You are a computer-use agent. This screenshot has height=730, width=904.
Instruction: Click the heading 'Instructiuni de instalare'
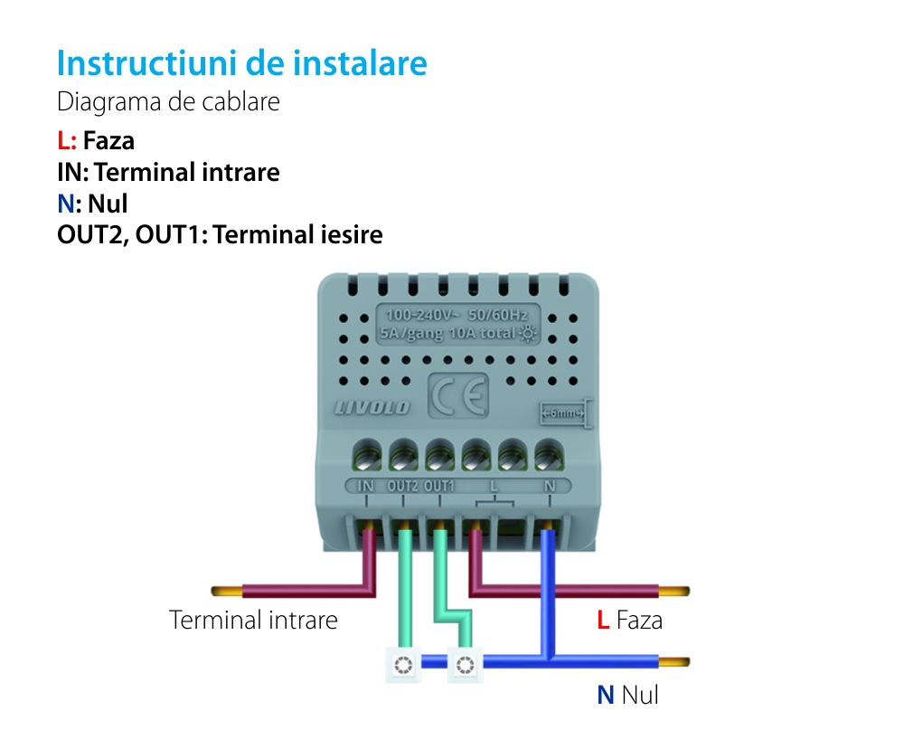pyautogui.click(x=241, y=64)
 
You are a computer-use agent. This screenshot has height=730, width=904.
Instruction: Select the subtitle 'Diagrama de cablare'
pyautogui.click(x=168, y=102)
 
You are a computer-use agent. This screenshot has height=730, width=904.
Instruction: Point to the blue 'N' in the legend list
pyautogui.click(x=64, y=204)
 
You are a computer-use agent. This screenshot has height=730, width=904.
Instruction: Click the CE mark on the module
pyautogui.click(x=457, y=395)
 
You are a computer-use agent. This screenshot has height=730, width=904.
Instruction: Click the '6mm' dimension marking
pyautogui.click(x=562, y=414)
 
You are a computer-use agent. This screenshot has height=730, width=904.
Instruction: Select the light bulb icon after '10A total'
pyautogui.click(x=527, y=334)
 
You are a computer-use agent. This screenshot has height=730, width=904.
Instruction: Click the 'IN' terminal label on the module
pyautogui.click(x=366, y=486)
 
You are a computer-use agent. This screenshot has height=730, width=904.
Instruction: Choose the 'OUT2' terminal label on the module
pyautogui.click(x=402, y=486)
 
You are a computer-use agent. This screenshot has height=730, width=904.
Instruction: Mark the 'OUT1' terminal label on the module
pyautogui.click(x=439, y=486)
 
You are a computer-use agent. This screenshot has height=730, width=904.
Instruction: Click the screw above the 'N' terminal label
pyautogui.click(x=547, y=452)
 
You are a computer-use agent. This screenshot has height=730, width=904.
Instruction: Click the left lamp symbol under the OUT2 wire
pyautogui.click(x=403, y=667)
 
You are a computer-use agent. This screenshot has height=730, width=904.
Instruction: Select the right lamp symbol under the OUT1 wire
pyautogui.click(x=465, y=667)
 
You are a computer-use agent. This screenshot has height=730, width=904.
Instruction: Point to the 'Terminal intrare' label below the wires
pyautogui.click(x=253, y=621)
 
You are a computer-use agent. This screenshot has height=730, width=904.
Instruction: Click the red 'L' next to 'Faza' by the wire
pyautogui.click(x=602, y=621)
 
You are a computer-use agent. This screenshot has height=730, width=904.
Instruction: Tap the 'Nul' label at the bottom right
pyautogui.click(x=640, y=695)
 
